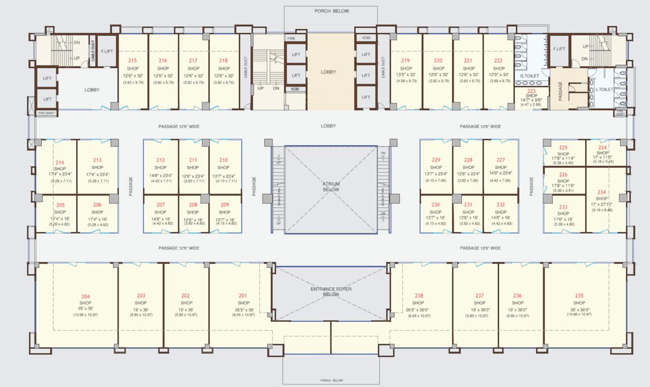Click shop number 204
tap(86, 296)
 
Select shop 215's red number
tap(133, 60)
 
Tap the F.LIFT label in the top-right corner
tap(559, 48)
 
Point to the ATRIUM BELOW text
tap(331, 187)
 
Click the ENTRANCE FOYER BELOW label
tap(331, 291)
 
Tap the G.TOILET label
tap(530, 76)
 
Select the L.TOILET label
tap(604, 89)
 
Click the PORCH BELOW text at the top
tap(331, 11)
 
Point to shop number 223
tap(531, 91)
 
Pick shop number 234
tap(602, 192)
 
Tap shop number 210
tap(224, 160)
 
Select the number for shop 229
tap(436, 160)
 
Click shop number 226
tap(563, 174)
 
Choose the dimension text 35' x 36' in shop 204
tap(86, 308)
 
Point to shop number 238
tap(419, 296)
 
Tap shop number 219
tap(406, 60)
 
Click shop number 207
tap(160, 205)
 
